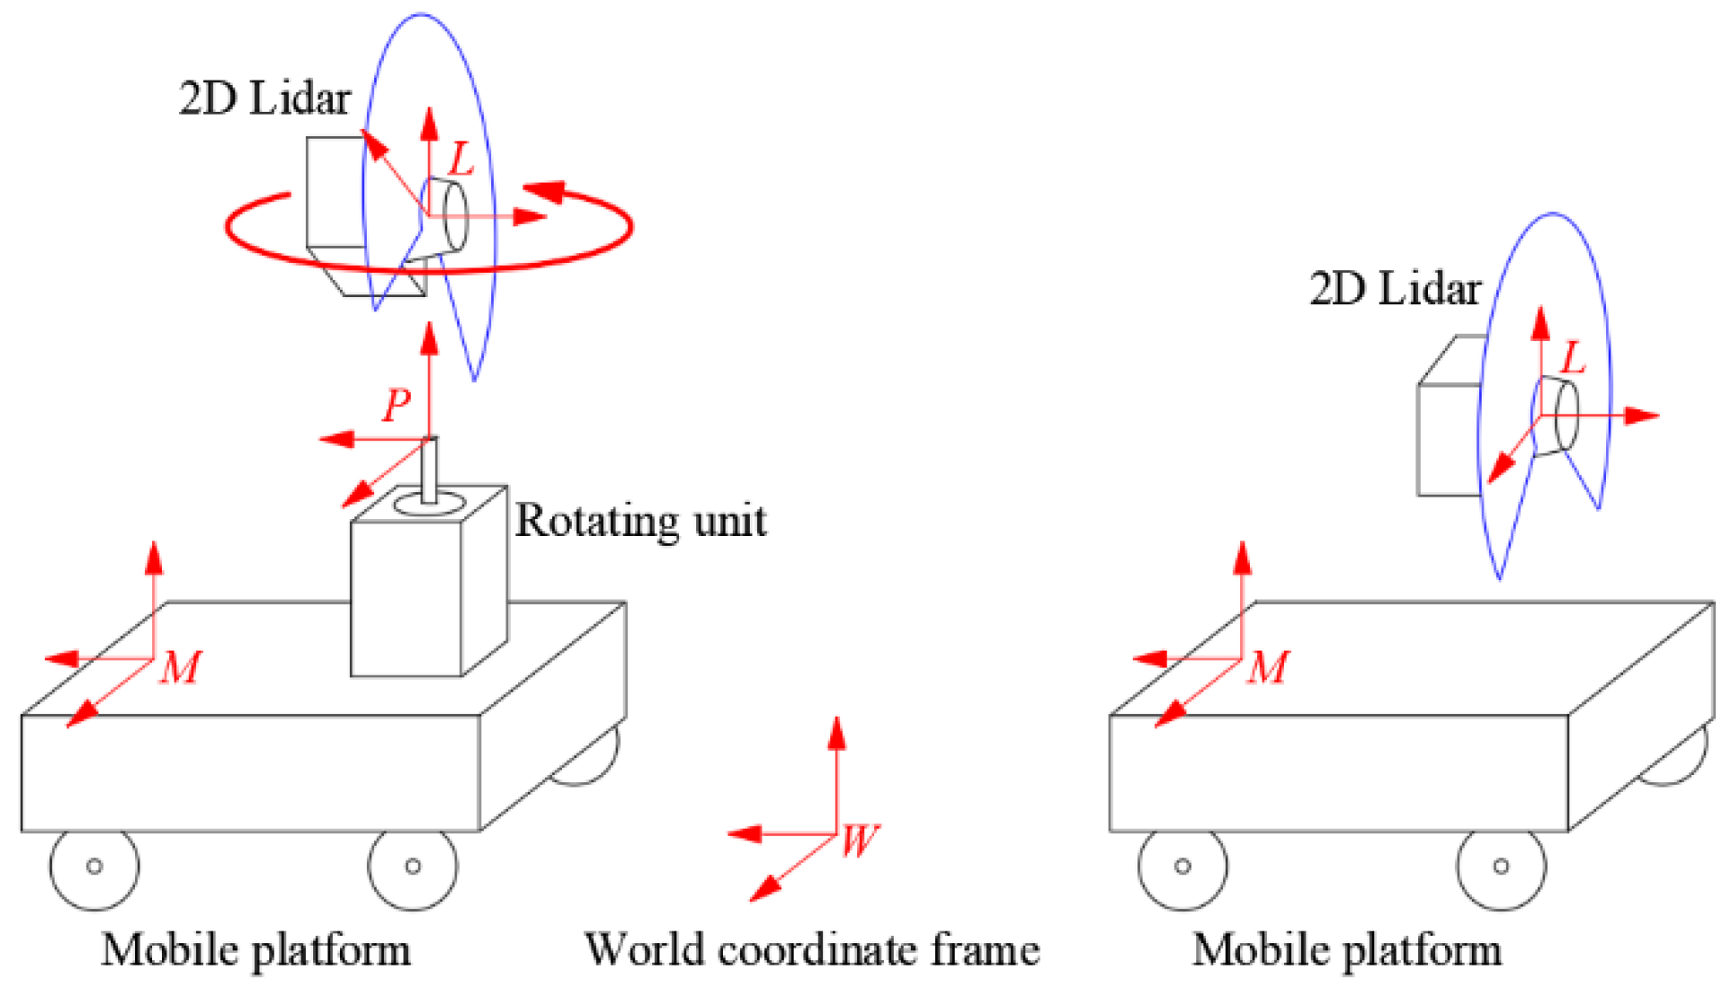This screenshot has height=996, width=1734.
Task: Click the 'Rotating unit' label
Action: point(641,521)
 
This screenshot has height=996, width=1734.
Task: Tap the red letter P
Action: point(396,405)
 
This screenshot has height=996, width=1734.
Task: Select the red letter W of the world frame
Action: point(860,840)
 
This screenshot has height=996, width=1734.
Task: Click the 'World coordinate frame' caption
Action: point(812,949)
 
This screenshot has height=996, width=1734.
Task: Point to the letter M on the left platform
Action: point(181,668)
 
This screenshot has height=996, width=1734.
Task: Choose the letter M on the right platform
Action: point(1269,668)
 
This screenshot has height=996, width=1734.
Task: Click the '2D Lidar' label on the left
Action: point(265,98)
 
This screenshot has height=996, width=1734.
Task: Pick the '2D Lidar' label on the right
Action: point(1395,289)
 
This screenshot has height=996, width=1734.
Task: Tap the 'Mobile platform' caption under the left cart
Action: point(256,949)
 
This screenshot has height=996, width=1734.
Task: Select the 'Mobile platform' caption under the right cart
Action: point(1347,949)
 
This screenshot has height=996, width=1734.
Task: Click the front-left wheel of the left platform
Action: point(94,866)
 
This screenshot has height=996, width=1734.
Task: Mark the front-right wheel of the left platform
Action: point(412,866)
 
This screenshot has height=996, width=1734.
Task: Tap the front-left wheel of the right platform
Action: point(1183,866)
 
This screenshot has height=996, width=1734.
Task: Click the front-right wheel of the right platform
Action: point(1501,866)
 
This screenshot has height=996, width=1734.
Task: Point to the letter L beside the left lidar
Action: point(461,159)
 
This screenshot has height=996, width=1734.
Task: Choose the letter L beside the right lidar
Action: point(1572,359)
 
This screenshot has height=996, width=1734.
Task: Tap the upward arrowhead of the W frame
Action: point(837,732)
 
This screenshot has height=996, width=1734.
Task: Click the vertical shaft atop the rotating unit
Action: point(429,470)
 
